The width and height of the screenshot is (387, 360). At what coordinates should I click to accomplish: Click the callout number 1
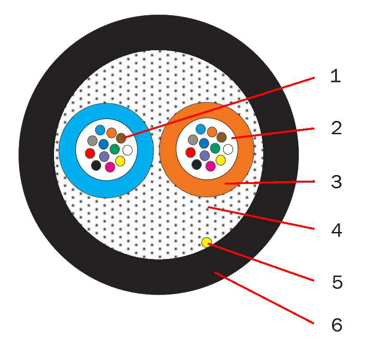point(335,76)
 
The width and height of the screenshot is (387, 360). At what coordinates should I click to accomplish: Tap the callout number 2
point(336,128)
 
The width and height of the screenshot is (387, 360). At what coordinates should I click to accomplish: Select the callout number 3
point(336,182)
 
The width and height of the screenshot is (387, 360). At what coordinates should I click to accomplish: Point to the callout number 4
point(336,231)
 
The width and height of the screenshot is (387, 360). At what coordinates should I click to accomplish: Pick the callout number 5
point(337,282)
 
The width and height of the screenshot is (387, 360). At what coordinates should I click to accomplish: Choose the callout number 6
point(336,325)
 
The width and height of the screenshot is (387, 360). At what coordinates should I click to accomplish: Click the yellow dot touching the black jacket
point(206,242)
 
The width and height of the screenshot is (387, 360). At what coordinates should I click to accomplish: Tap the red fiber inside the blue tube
point(90,153)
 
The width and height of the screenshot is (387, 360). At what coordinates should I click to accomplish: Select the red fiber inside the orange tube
point(191,152)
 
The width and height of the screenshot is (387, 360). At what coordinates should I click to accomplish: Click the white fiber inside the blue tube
point(128,150)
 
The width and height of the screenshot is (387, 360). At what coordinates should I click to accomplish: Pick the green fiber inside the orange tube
point(215,148)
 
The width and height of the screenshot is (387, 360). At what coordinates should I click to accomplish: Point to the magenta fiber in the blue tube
point(110,167)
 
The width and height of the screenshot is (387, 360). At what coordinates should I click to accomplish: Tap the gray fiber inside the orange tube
point(193,139)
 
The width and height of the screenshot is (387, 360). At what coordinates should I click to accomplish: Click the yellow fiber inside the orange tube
point(221,160)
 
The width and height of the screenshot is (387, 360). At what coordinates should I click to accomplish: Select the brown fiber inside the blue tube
point(121,138)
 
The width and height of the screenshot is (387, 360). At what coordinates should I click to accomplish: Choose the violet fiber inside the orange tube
point(205,156)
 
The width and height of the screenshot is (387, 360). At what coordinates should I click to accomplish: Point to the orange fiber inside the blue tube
point(111,133)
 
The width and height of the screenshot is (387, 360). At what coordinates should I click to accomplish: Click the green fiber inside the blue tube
point(115,149)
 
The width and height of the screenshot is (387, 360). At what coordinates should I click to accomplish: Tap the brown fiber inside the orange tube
point(221,137)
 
